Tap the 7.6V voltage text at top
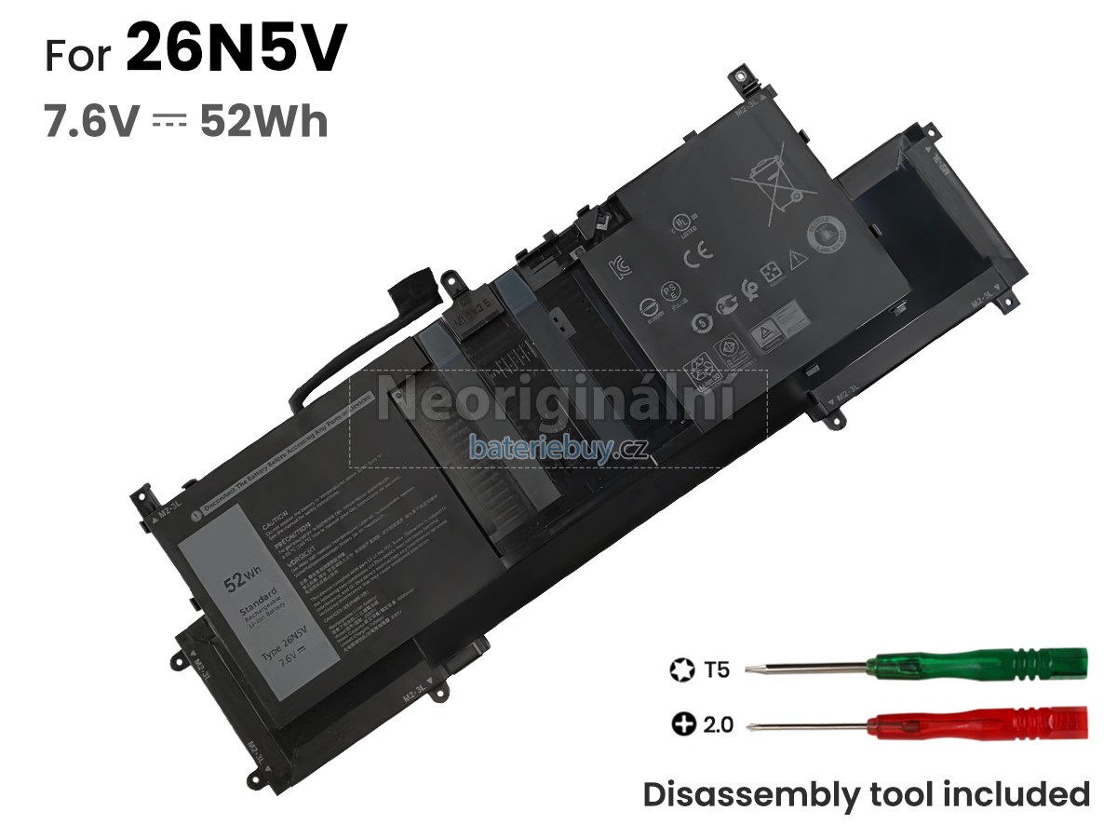point(91,122)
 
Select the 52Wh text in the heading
point(264,122)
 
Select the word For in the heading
point(81,56)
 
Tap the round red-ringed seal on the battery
point(824,234)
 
